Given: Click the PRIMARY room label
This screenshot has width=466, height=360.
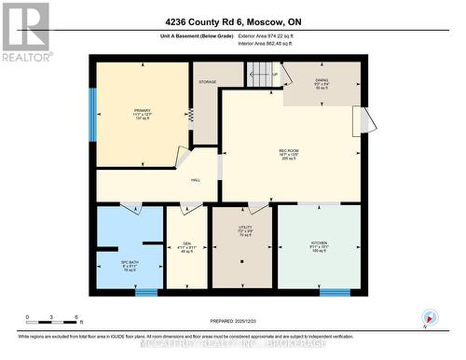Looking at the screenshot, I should pos(142,110).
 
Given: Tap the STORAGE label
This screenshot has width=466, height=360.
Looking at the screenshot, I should pos(207,82).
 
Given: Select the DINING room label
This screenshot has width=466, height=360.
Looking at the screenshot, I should pos(322,81).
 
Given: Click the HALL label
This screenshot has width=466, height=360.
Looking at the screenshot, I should pos(196,180).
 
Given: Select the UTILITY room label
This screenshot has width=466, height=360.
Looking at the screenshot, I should pos(245,228).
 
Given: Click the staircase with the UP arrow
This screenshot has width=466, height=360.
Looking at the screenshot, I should pos(264,74).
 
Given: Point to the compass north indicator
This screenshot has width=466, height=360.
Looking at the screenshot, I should pos(428,317).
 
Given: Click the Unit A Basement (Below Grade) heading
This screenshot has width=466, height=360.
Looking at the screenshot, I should pos(183,36).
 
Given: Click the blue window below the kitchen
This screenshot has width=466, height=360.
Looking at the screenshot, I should pos(334,292).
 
